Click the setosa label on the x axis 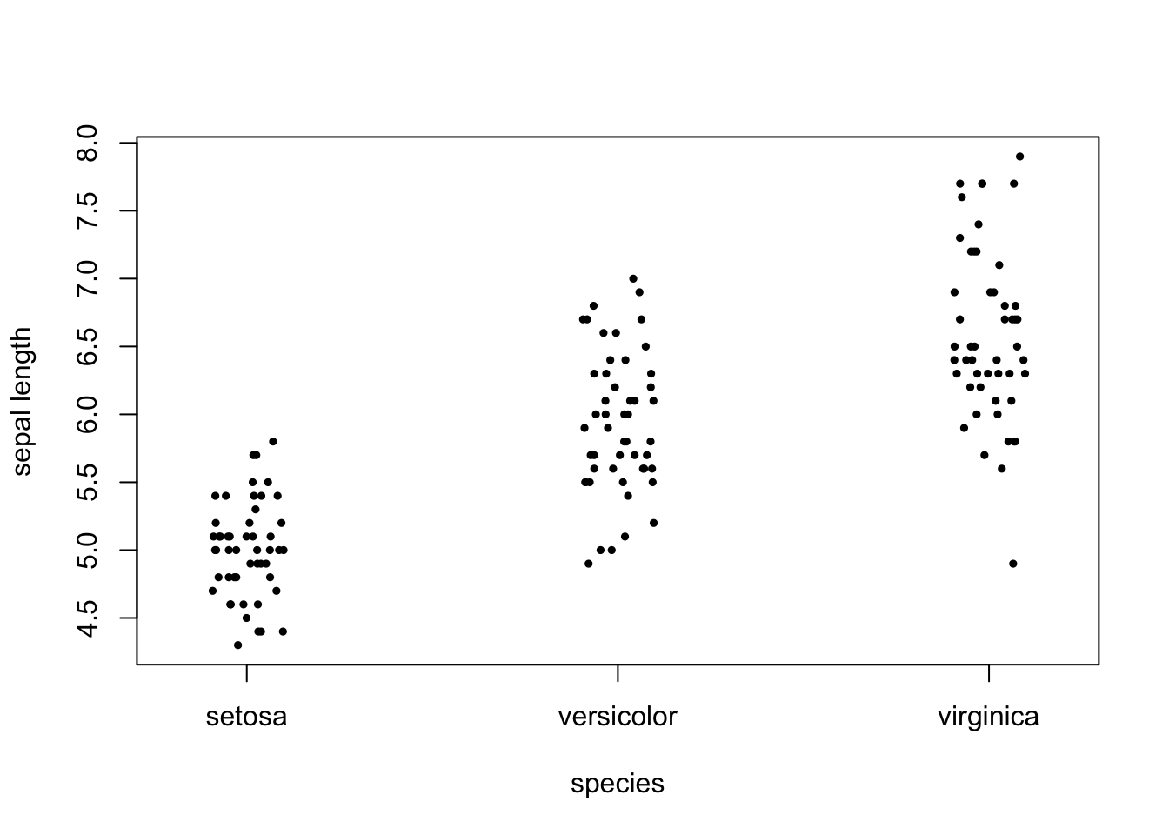[x=246, y=718]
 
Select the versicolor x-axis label [x=618, y=718]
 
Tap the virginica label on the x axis [x=988, y=718]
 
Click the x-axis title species [x=618, y=785]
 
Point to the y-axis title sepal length [x=23, y=401]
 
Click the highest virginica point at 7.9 [x=1020, y=157]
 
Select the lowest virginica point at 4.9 [x=1013, y=564]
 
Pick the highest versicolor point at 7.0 [x=633, y=278]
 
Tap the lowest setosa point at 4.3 [x=238, y=645]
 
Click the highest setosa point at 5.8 [x=273, y=442]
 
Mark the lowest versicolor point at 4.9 [x=589, y=564]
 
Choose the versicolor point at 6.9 [x=639, y=292]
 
